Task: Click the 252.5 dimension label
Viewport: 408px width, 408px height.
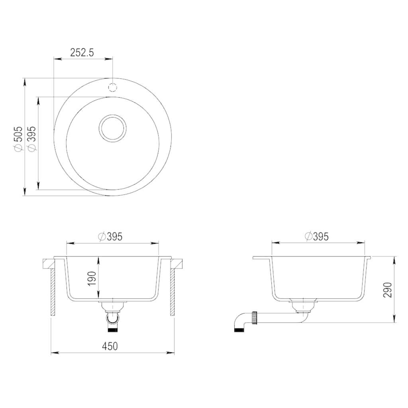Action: (x=82, y=53)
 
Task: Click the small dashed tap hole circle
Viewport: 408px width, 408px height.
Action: (x=113, y=87)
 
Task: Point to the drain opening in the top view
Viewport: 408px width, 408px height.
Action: (x=113, y=128)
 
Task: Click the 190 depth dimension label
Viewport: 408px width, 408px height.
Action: (x=92, y=278)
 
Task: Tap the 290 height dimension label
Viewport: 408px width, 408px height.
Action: (x=388, y=290)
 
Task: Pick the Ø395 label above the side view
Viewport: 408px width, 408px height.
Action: (x=317, y=237)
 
